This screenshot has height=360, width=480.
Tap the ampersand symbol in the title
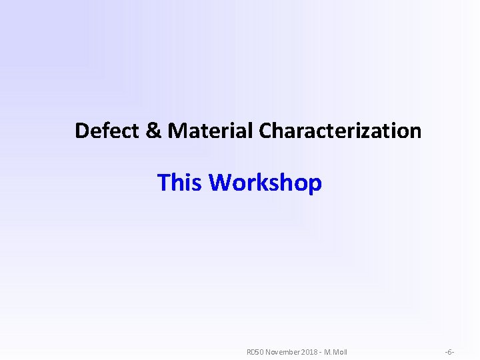tap(153, 131)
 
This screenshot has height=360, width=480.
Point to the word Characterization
tap(340, 131)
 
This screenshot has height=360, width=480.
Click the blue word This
tap(180, 182)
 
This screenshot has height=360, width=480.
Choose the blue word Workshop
tap(265, 182)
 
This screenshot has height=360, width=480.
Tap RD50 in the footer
tap(256, 351)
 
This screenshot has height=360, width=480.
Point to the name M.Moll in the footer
tap(335, 351)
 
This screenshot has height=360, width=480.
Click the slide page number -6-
tap(449, 351)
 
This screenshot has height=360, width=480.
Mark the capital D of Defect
tap(82, 131)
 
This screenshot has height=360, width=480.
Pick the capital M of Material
tap(177, 131)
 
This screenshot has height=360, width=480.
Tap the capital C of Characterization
tap(265, 131)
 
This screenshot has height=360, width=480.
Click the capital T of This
tap(164, 182)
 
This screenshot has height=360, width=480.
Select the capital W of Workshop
tap(221, 182)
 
